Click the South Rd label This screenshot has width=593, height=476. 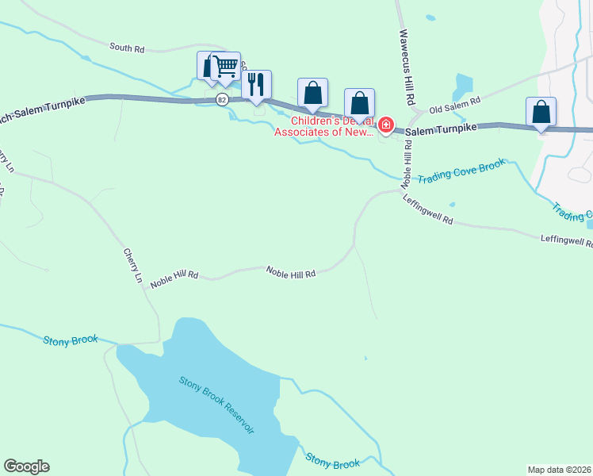(127, 48)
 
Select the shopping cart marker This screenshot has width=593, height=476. (228, 67)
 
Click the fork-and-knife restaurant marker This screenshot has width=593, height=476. (256, 85)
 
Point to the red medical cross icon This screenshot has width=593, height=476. (386, 125)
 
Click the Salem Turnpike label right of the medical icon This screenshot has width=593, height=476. (442, 128)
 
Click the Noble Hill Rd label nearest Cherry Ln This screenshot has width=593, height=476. (174, 274)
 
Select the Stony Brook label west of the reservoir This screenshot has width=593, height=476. (71, 340)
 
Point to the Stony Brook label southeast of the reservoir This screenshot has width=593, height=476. (333, 462)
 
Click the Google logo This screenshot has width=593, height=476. (26, 466)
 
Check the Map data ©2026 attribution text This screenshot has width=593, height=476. (559, 469)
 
